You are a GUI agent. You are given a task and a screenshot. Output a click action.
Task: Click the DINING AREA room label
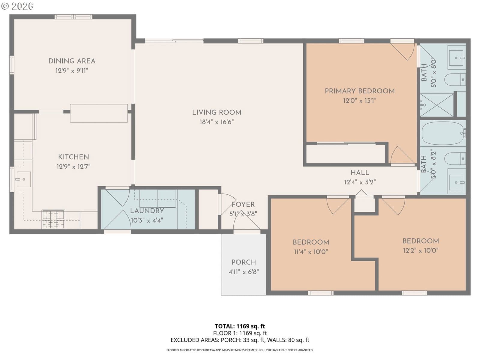[72, 61]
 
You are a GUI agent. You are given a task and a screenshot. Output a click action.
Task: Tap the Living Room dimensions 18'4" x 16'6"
[217, 122]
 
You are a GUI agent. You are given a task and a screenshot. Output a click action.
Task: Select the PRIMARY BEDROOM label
[360, 91]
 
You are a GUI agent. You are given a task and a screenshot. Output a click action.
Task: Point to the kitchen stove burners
[53, 219]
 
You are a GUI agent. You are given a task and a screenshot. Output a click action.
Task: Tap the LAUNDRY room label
[147, 211]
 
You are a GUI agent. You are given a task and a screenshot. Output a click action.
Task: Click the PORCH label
[244, 262]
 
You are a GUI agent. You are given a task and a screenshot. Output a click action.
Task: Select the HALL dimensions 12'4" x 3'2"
[360, 182]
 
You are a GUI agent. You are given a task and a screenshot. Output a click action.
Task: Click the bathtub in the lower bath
[443, 133]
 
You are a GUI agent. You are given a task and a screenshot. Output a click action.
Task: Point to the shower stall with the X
[437, 105]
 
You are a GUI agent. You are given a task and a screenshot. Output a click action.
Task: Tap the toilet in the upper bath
[455, 79]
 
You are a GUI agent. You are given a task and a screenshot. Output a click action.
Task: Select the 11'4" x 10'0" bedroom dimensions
[311, 252]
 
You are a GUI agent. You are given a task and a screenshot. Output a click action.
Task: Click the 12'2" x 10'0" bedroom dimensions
[421, 250]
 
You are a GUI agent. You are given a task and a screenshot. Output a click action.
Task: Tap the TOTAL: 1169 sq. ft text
[240, 326]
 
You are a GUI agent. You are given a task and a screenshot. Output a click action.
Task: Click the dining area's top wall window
[73, 17]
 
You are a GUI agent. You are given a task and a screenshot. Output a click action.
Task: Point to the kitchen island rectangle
[99, 113]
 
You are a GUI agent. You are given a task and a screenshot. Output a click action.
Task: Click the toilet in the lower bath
[455, 158]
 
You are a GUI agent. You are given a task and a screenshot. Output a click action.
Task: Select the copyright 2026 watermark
[17, 6]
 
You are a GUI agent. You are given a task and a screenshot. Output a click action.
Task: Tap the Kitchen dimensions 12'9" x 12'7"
[73, 167]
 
